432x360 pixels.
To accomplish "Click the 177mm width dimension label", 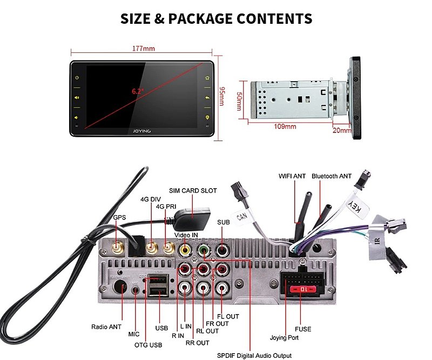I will tap(143, 49).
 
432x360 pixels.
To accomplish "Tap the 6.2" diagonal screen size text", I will tap(137, 91).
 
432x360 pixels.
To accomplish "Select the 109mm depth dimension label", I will tap(286, 127).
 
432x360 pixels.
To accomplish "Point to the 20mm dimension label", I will tap(341, 130).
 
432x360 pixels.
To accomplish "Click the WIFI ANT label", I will tap(292, 176).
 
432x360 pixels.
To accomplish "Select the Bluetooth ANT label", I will tap(332, 176).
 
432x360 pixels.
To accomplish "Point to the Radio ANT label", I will tap(106, 326).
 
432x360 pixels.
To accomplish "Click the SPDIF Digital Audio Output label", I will tap(254, 356).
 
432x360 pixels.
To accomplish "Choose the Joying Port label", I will tap(284, 338).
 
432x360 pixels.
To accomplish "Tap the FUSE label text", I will tap(302, 329).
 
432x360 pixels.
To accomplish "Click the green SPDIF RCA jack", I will tap(204, 251).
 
